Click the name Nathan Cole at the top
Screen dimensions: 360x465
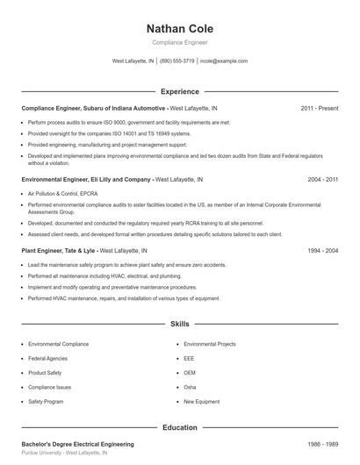coord(179,29)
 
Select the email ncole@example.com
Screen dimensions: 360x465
coord(224,61)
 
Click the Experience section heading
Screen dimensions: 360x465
coord(179,91)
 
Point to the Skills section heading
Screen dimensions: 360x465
coord(179,324)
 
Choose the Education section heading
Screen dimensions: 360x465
coord(179,427)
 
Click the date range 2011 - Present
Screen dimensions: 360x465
coord(319,108)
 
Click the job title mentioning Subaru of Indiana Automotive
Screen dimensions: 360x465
coord(93,108)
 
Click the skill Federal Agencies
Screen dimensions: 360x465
coord(49,358)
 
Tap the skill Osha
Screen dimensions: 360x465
coord(190,387)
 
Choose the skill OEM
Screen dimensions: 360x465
coord(190,372)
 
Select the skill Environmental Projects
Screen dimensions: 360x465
coord(210,344)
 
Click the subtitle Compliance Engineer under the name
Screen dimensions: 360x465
coord(179,43)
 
